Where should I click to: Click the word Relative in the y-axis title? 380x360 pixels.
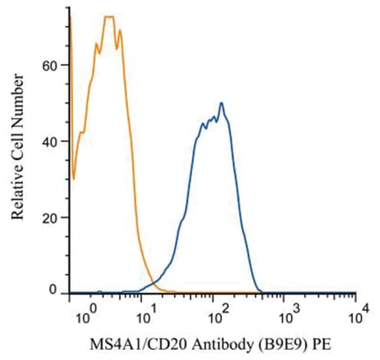pos(18,193)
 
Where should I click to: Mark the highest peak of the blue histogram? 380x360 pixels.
pos(222,103)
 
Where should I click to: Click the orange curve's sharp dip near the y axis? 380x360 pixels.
pos(74,178)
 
